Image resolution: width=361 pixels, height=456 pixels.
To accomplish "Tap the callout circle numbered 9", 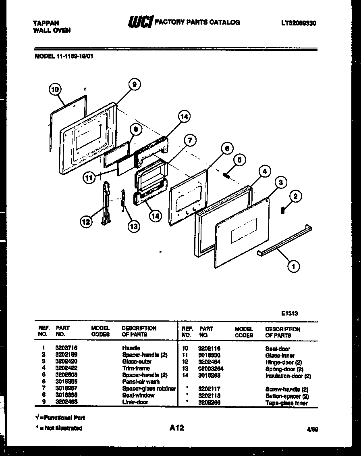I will click(x=134, y=84).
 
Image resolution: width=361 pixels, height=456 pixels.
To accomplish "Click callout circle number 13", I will click(x=133, y=226).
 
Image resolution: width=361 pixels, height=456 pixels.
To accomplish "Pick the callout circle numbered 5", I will click(x=239, y=160).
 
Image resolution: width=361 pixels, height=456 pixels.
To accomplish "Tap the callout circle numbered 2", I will click(x=295, y=197).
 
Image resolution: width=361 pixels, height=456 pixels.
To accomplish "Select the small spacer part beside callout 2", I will click(x=283, y=210).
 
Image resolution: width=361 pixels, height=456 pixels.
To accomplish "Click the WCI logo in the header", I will click(x=140, y=23).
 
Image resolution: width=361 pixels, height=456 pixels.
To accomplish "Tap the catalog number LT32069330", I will click(x=298, y=23).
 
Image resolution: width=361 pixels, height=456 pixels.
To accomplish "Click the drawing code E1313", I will click(x=290, y=313).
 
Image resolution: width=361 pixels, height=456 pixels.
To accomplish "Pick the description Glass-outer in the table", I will click(x=137, y=362).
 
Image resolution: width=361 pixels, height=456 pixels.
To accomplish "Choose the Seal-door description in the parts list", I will click(x=278, y=348).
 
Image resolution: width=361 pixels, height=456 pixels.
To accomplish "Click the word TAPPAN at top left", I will click(x=44, y=23).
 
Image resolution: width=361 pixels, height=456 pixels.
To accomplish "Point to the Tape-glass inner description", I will click(x=286, y=403).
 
